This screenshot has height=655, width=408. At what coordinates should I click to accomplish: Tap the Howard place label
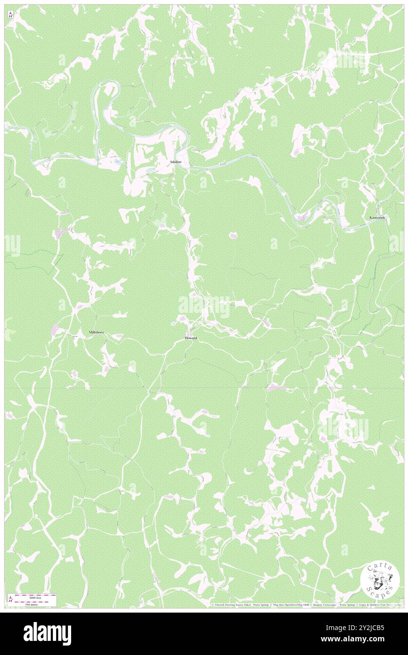pyautogui.click(x=191, y=338)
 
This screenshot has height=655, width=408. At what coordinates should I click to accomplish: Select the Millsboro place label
pyautogui.click(x=96, y=332)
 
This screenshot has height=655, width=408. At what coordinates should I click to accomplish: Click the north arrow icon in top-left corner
pyautogui.click(x=10, y=15)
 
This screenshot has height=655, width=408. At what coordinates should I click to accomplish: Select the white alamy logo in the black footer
pyautogui.click(x=47, y=633)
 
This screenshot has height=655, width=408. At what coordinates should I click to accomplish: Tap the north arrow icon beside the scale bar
pyautogui.click(x=10, y=599)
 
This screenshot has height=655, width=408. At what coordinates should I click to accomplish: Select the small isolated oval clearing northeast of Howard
pyautogui.click(x=233, y=235)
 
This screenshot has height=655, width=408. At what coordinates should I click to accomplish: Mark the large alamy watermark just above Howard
pyautogui.click(x=204, y=307)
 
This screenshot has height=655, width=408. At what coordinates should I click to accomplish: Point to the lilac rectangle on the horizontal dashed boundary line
pyautogui.click(x=276, y=388)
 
